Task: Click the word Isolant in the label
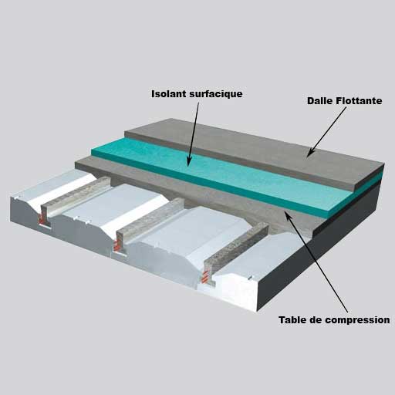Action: (x=169, y=94)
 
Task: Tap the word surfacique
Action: (x=216, y=94)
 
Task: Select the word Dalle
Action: (x=319, y=100)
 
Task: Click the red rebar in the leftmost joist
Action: (x=41, y=219)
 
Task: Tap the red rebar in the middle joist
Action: (x=117, y=244)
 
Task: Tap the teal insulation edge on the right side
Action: (x=356, y=195)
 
